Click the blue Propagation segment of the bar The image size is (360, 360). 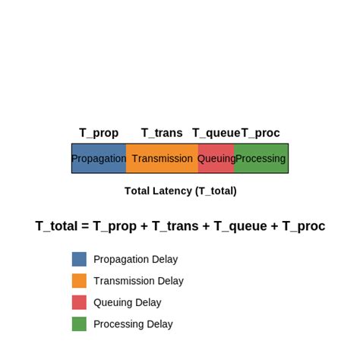[x=99, y=159]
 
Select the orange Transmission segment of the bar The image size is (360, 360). [x=162, y=159]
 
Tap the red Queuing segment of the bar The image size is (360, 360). [x=216, y=159]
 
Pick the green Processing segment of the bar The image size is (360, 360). [x=261, y=159]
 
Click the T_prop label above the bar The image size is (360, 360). [x=99, y=133]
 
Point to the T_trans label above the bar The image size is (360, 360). [x=162, y=133]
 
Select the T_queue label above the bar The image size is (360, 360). [x=216, y=133]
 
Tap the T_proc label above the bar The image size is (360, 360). [x=261, y=133]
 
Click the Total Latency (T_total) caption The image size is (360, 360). [x=181, y=191]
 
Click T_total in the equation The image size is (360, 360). [x=56, y=226]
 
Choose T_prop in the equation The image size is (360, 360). [x=115, y=226]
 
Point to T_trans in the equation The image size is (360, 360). [x=175, y=226]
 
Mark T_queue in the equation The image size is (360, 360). [x=241, y=226]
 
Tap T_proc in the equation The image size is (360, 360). [x=304, y=226]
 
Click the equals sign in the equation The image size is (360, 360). [x=85, y=226]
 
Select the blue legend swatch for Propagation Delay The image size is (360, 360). [x=79, y=259]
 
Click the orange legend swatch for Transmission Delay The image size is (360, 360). [x=79, y=281]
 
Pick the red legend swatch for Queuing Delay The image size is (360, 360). [x=79, y=302]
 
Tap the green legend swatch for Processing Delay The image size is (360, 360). [x=79, y=324]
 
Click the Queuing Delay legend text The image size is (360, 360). [x=128, y=303]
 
